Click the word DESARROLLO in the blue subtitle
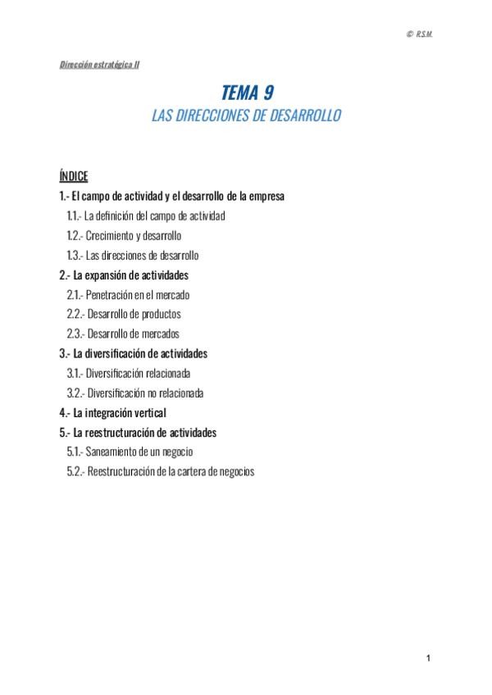click(303, 116)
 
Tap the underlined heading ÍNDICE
click(74, 177)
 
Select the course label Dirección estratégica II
click(98, 64)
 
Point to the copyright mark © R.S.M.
click(419, 33)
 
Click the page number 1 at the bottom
click(428, 658)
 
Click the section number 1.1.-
click(74, 216)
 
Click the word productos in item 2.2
click(161, 315)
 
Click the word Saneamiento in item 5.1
click(112, 452)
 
